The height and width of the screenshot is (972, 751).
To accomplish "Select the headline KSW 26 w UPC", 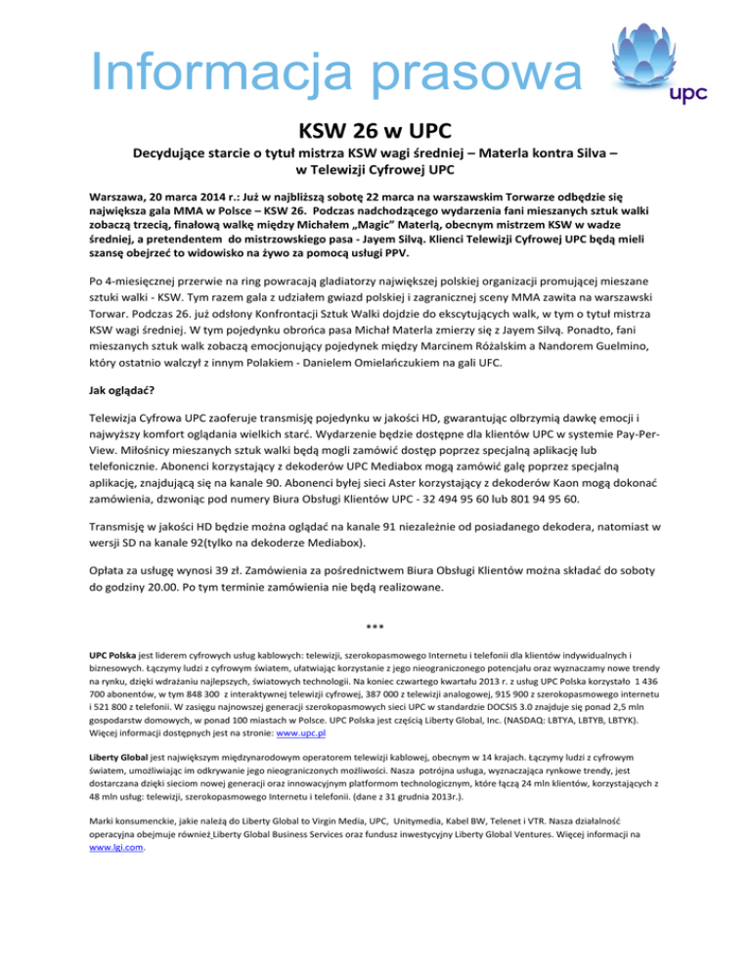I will click(x=375, y=130).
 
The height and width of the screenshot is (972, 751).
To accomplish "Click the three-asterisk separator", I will click(x=375, y=626).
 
